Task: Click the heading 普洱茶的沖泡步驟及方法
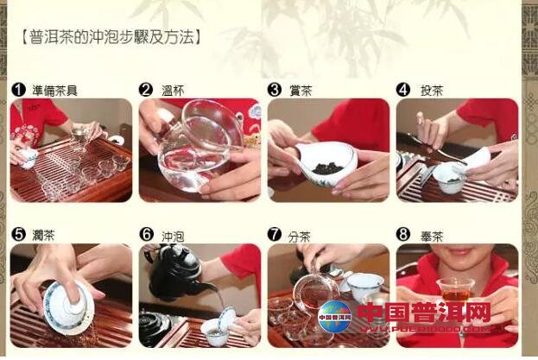(111, 36)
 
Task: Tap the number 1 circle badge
(17, 89)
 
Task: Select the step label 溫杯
(174, 89)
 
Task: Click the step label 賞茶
(301, 89)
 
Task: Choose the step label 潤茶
(45, 234)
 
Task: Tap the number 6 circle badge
(146, 234)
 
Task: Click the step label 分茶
(301, 234)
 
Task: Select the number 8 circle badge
(402, 234)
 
